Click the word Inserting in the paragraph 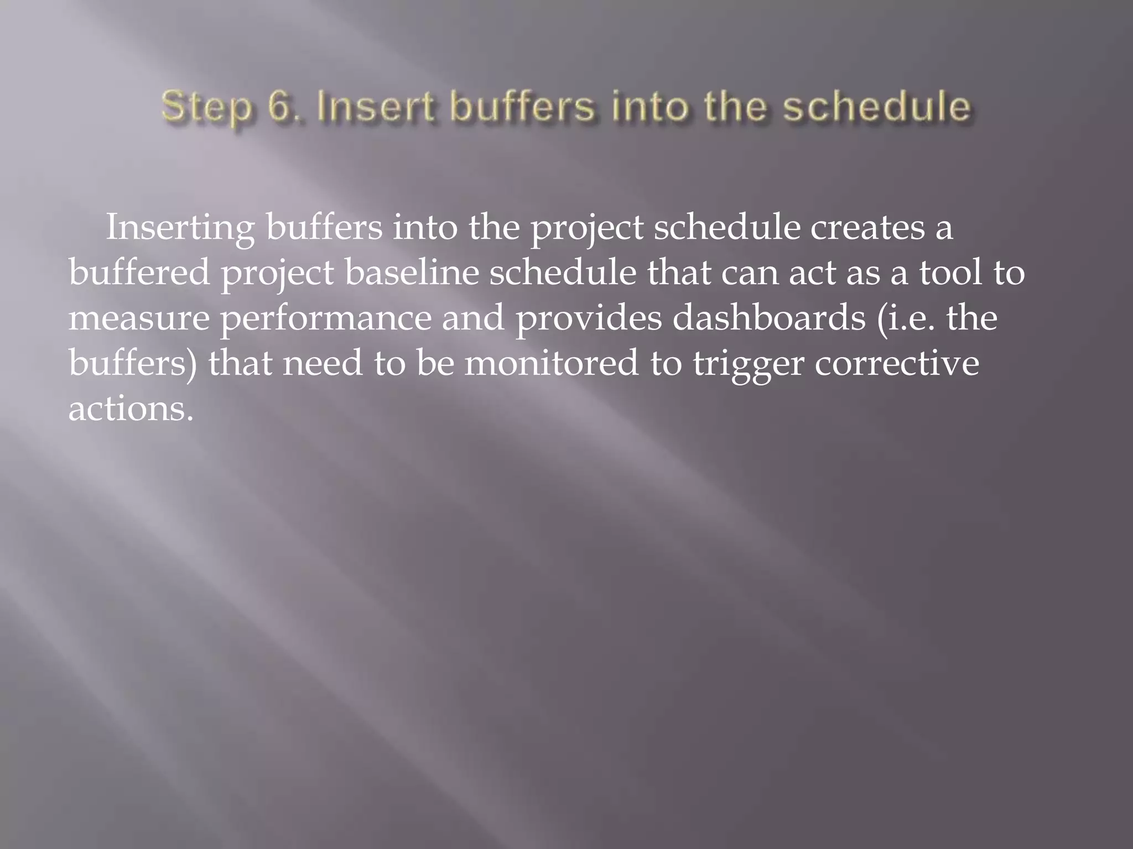click(x=180, y=228)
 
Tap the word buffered click(x=139, y=273)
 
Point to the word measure click(x=139, y=319)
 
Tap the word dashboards click(x=769, y=319)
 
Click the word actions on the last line click(x=131, y=410)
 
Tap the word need click(x=323, y=364)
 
